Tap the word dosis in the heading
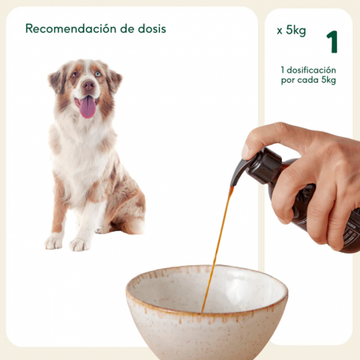point(150,29)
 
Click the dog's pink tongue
point(88,107)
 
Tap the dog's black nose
point(88,84)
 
